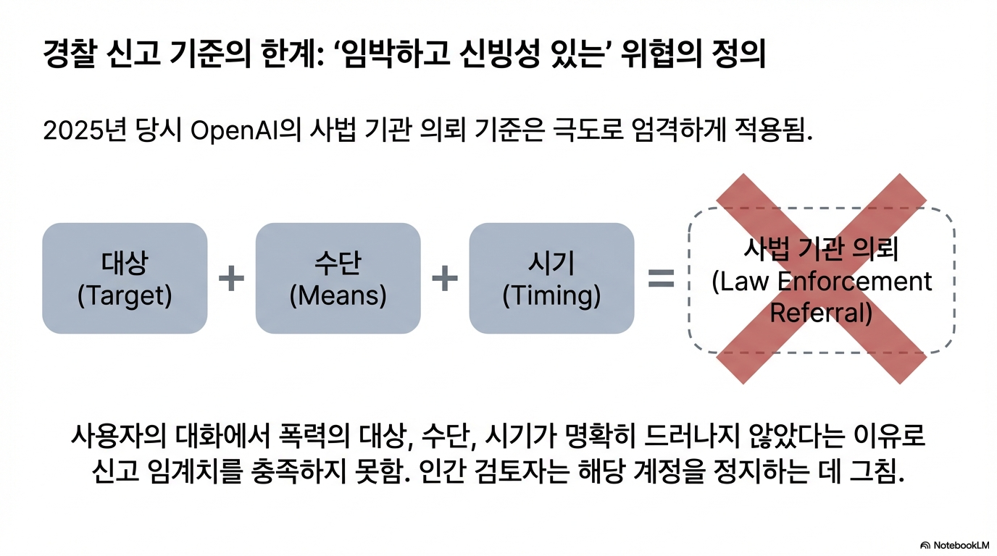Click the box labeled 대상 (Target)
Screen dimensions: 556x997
click(125, 279)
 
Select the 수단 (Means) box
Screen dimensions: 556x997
click(338, 279)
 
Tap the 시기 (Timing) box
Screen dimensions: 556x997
click(551, 279)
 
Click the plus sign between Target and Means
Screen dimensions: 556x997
click(231, 279)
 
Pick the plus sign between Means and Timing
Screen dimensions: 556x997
click(445, 279)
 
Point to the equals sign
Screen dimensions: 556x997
click(660, 279)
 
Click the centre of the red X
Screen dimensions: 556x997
click(821, 279)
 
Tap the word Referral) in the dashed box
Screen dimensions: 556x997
click(821, 313)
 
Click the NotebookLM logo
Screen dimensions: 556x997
click(954, 544)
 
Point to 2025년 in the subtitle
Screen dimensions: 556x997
click(84, 132)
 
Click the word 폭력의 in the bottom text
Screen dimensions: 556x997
click(312, 437)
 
